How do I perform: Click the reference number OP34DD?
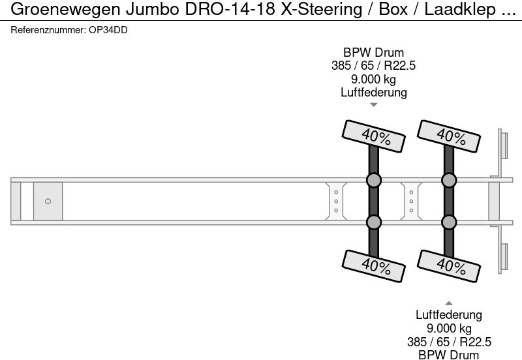click(108, 31)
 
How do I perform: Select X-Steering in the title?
click(305, 9)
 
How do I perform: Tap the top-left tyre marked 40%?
click(374, 135)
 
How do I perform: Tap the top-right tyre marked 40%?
click(449, 135)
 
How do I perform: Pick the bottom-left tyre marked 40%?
click(374, 264)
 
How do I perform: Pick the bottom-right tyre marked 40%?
click(449, 264)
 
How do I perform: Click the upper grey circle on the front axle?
click(374, 180)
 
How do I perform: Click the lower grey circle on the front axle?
click(374, 223)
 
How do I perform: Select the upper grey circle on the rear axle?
click(449, 180)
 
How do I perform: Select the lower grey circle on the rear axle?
click(449, 223)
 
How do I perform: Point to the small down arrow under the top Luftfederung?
click(374, 104)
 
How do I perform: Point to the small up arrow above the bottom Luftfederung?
click(449, 303)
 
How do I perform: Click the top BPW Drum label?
click(374, 53)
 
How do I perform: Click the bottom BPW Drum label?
click(449, 355)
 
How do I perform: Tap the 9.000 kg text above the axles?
click(374, 79)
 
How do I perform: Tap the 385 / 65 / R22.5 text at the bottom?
click(449, 342)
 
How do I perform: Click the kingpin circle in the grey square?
click(48, 202)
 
